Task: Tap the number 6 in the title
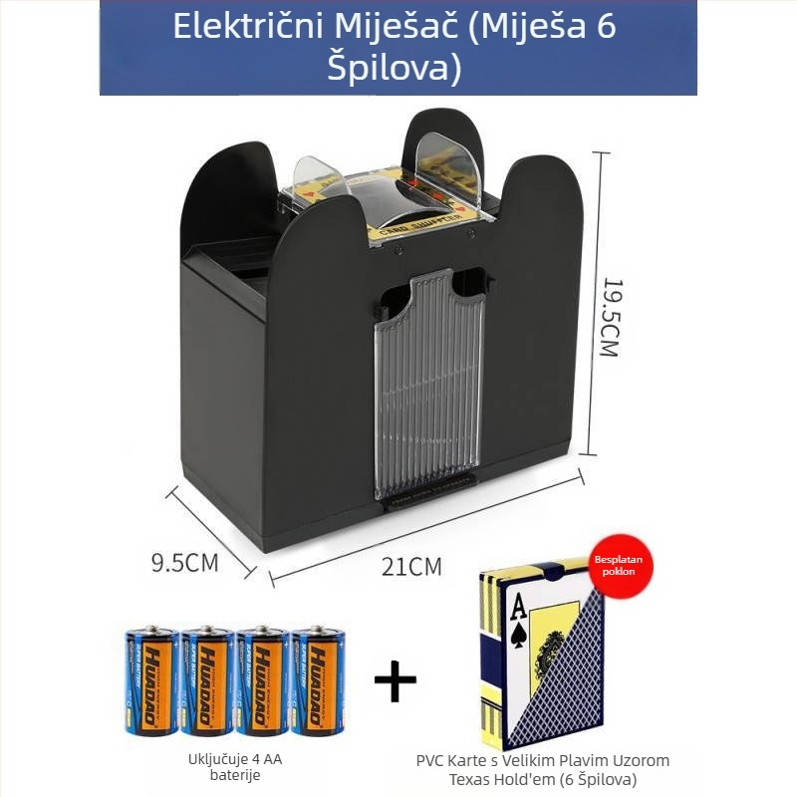point(606,27)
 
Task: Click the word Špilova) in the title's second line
point(396,68)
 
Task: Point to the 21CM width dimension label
point(411,567)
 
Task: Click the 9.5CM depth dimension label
point(184,562)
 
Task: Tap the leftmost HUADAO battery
point(151,680)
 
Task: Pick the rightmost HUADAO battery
point(318,680)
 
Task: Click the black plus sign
point(395,681)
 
